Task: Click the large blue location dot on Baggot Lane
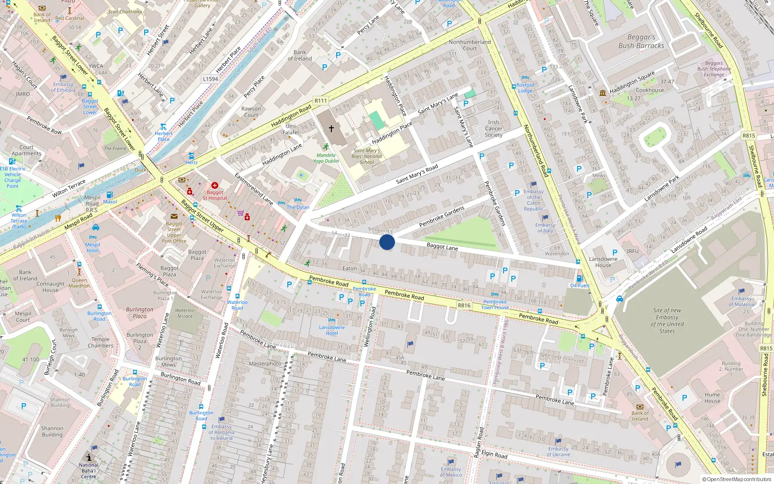pos(387,242)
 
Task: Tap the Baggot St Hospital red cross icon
pos(215,185)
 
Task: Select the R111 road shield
pos(321,101)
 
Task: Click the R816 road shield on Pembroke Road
pos(464,305)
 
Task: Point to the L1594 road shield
pos(210,79)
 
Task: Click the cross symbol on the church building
pos(331,129)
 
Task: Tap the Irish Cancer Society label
pos(493,129)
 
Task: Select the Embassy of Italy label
pos(545,227)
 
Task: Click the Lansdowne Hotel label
pos(332,330)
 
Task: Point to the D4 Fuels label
pos(580,286)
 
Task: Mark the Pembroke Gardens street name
pos(442,216)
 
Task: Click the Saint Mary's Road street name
pos(417,174)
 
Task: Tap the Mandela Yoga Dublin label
pos(326,158)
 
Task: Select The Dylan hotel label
pos(298,207)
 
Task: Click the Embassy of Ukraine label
pos(558,452)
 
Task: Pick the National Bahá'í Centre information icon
pos(89,457)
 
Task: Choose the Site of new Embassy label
pos(667,320)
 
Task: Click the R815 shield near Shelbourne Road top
pos(749,136)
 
